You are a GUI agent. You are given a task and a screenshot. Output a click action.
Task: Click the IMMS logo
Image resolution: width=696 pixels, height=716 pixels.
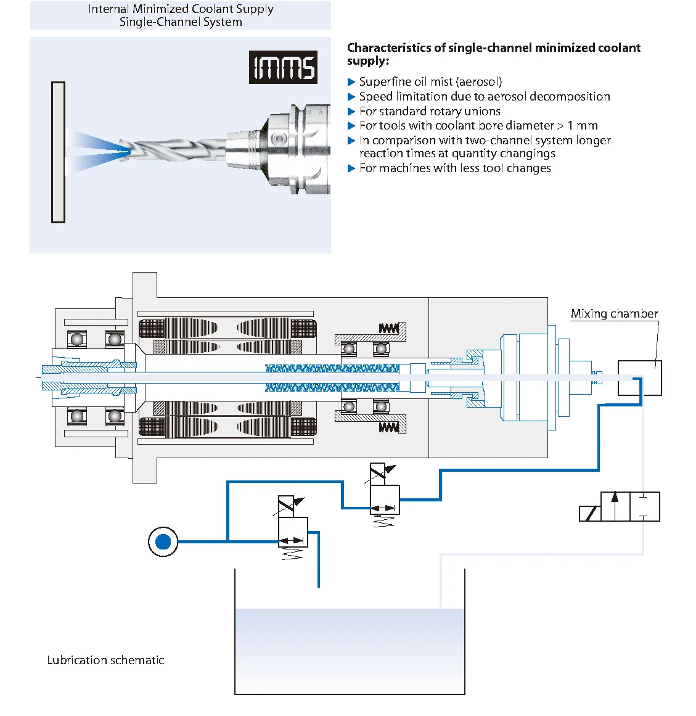coord(283,67)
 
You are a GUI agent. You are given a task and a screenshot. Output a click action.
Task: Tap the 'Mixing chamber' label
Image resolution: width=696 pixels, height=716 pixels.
coord(614,313)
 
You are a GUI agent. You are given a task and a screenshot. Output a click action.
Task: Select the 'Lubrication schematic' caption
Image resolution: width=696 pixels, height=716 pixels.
coord(105,660)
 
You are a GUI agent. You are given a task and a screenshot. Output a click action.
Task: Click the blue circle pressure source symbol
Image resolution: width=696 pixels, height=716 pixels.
coord(163,542)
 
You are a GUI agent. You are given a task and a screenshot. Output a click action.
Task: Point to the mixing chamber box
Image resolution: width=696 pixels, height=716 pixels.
coord(639,377)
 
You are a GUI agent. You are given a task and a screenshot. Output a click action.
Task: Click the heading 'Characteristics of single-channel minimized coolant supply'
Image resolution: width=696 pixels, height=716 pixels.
coord(493,54)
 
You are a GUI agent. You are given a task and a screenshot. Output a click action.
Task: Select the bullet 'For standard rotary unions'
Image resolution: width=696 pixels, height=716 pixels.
coord(430,111)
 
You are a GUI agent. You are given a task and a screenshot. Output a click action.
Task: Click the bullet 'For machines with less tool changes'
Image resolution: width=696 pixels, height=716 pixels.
coord(455,168)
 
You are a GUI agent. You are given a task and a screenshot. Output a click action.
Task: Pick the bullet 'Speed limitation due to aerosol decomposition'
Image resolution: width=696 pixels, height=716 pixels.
coord(485,96)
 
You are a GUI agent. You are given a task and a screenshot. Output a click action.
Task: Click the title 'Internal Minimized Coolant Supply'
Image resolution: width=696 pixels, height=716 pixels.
coord(181,9)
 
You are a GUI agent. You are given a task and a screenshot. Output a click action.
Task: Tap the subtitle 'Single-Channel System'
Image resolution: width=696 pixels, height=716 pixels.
coord(181,22)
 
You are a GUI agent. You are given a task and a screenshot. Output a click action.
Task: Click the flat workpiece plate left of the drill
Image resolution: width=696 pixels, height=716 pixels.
coord(59,152)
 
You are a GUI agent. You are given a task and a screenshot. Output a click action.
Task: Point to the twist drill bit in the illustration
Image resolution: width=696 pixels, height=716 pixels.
coord(173,147)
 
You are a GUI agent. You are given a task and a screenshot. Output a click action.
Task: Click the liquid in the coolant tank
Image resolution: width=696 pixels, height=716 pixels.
coord(350,648)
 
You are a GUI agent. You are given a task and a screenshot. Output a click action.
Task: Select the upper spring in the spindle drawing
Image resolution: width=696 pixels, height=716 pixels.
coord(388,328)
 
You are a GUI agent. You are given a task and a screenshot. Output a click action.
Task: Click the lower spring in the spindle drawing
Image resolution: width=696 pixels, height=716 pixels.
coord(388,427)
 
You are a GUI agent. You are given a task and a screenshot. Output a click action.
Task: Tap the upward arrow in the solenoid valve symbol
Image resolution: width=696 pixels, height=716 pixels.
coord(615,505)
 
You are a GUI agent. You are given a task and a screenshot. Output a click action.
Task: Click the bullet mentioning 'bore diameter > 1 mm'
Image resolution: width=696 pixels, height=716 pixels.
coord(478,126)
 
